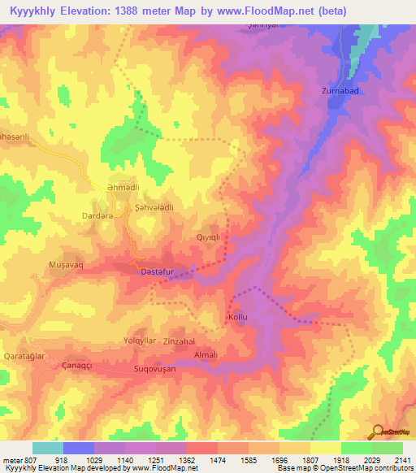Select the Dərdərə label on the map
point(97,215)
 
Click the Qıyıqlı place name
point(209,237)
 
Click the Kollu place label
point(236,315)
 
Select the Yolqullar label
point(139,340)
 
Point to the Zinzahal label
point(180,341)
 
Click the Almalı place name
point(206,355)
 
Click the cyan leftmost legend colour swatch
point(47,448)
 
